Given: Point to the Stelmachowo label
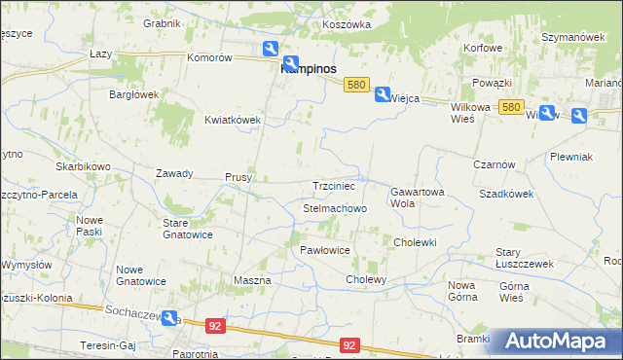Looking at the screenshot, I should point(334,209).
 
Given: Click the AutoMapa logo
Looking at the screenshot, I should point(556,342).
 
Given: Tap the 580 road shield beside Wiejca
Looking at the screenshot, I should point(356,86).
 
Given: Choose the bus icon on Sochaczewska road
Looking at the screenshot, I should point(170,318).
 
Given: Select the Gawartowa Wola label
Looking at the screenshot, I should point(418,198).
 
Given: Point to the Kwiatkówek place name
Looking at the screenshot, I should point(233,120).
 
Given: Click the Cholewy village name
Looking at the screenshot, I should point(367,279).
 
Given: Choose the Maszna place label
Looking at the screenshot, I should point(252,280).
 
